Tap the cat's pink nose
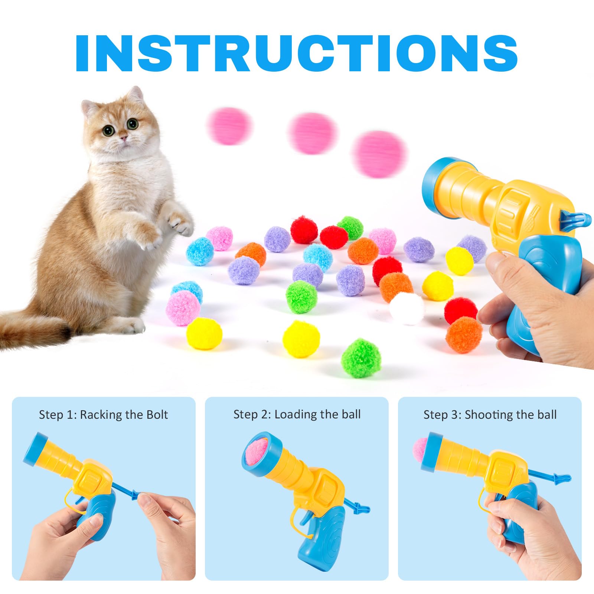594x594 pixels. pos(124,138)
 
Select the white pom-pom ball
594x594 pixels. pos(407,308)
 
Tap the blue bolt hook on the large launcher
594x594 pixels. pos(577,219)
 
